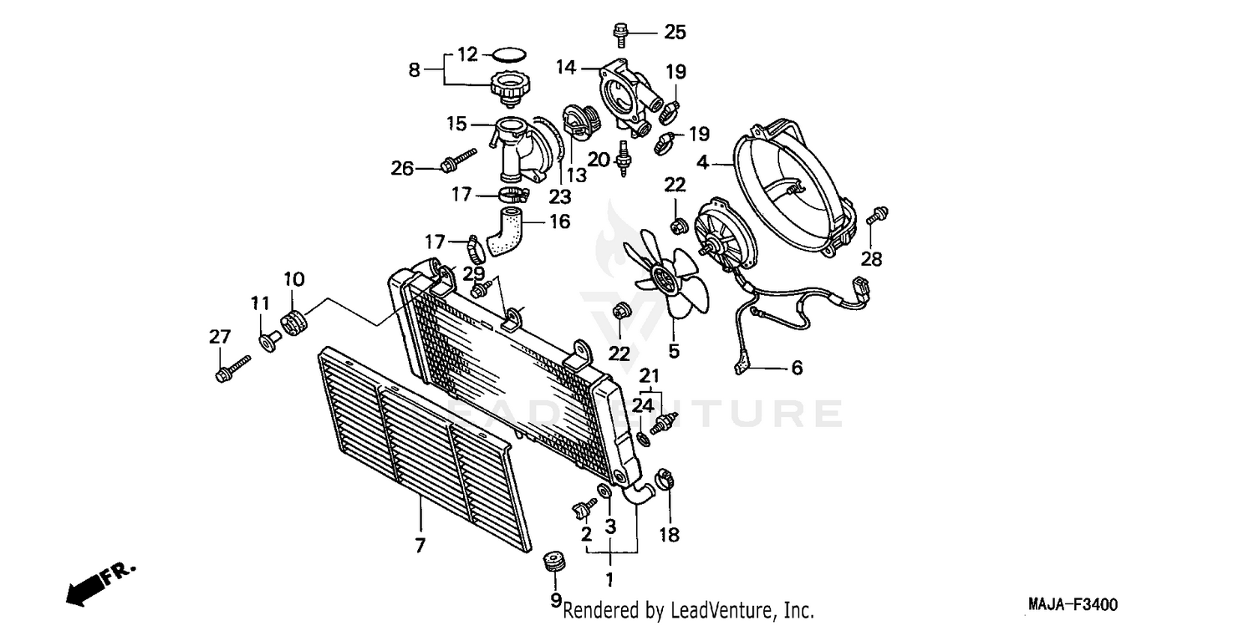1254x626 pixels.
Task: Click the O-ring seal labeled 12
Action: [507, 55]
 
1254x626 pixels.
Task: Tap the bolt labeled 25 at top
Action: [619, 34]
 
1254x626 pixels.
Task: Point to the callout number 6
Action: [796, 367]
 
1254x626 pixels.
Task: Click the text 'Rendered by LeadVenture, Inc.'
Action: [688, 610]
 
